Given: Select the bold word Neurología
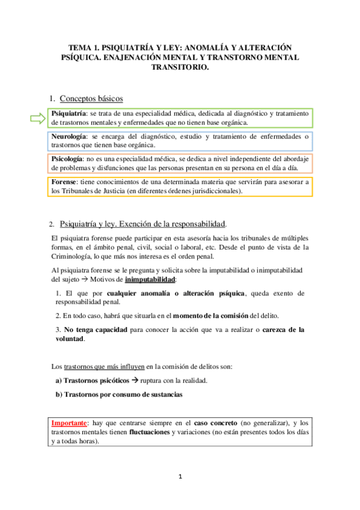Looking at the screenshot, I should [69, 137].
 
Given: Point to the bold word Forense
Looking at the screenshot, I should [65, 182].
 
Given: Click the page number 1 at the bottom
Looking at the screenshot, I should [180, 477].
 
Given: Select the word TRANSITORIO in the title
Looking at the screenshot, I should [180, 68].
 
